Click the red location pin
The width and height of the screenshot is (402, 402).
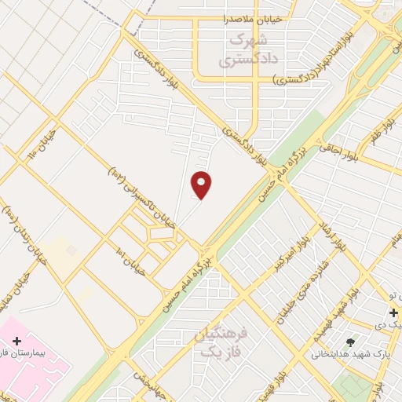pos(202,185)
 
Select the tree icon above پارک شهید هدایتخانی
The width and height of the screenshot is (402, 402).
pos(349,342)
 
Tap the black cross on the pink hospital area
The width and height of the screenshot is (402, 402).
pos(16,341)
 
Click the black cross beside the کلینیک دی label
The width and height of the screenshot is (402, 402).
pos(393,312)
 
